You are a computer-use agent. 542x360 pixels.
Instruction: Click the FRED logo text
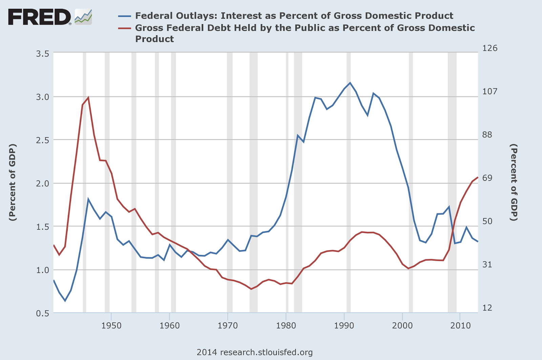[x=39, y=17]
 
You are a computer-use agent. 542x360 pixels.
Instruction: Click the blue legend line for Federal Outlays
[x=124, y=16]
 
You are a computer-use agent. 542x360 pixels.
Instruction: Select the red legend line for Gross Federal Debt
[x=124, y=28]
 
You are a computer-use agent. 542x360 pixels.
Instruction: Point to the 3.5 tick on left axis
[x=43, y=54]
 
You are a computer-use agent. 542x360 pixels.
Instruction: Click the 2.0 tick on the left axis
[x=43, y=183]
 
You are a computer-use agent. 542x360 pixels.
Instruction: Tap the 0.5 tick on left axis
[x=43, y=313]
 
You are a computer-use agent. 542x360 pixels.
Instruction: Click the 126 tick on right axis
[x=490, y=48]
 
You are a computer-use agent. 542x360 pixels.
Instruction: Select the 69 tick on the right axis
[x=487, y=178]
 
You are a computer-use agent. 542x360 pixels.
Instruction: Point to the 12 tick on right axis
[x=487, y=308]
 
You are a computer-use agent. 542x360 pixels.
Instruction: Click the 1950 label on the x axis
[x=111, y=325]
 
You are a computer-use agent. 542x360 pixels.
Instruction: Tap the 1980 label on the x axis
[x=286, y=325]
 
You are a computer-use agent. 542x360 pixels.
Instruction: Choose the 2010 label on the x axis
[x=460, y=325]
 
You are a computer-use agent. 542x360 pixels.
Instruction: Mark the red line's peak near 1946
[x=88, y=98]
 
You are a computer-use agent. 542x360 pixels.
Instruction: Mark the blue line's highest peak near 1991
[x=350, y=83]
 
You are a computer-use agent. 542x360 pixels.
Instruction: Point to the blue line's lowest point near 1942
[x=65, y=301]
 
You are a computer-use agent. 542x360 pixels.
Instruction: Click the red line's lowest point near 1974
[x=251, y=289]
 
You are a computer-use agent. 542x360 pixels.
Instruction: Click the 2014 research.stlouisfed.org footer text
[x=254, y=352]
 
